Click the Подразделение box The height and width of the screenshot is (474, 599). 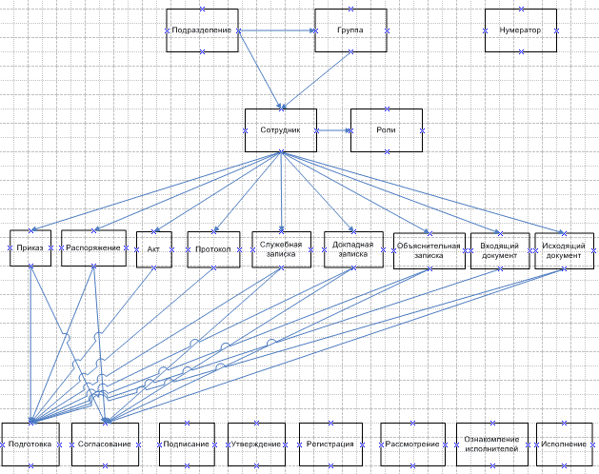201,30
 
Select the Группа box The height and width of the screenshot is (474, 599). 350,30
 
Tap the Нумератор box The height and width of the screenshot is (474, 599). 520,30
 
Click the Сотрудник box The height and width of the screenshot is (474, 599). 280,130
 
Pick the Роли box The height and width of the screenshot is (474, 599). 387,130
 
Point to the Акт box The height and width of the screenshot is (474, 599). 153,248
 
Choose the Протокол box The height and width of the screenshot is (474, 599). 214,249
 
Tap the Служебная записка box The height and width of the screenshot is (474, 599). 282,248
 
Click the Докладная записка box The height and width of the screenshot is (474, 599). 353,249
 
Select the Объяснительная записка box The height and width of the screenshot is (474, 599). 429,250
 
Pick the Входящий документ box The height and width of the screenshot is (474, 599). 500,250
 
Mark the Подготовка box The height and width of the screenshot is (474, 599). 31,444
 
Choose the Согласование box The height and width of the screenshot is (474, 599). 105,444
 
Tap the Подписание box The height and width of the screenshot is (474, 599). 187,444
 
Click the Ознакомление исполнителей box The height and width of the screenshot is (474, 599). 491,444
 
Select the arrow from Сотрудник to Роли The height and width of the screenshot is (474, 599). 333,130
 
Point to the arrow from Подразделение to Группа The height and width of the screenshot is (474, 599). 276,31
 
